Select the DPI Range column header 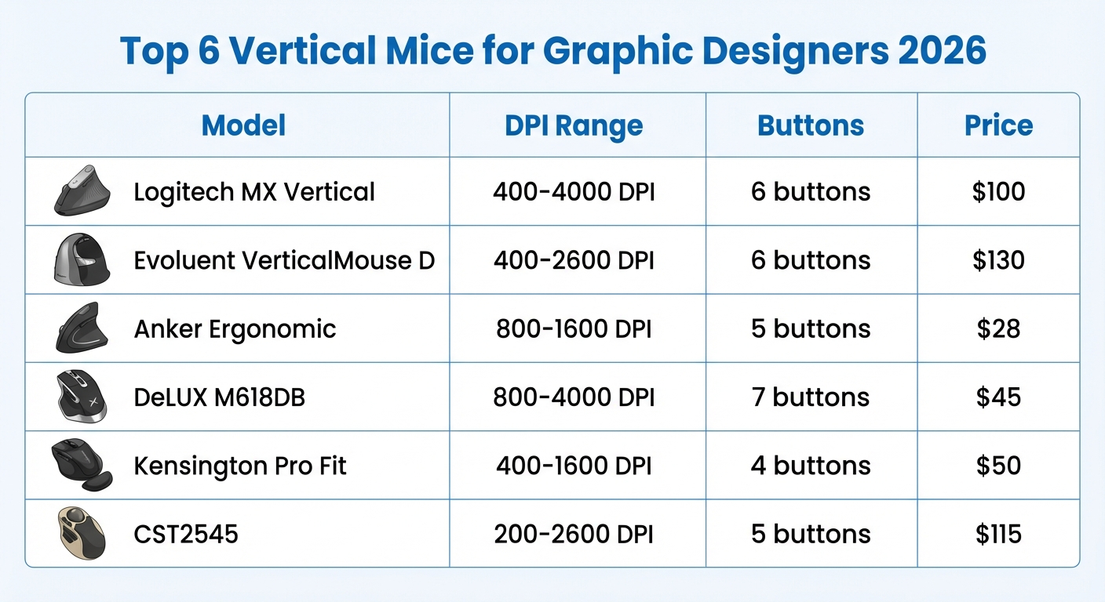[x=574, y=125]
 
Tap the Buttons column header [x=811, y=125]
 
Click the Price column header [x=998, y=125]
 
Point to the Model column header [x=243, y=125]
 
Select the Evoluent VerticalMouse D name [x=284, y=260]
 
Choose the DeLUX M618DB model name [x=219, y=397]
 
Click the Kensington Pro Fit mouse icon [x=80, y=465]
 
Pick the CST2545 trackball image [x=81, y=533]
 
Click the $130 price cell [x=998, y=260]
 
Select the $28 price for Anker [x=998, y=328]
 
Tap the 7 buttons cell [x=811, y=397]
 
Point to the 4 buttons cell [x=811, y=466]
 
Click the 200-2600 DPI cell [x=574, y=534]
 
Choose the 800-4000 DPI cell [x=574, y=397]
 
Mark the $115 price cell [x=998, y=534]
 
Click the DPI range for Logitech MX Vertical [x=574, y=192]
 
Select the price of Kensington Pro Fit [x=998, y=466]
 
